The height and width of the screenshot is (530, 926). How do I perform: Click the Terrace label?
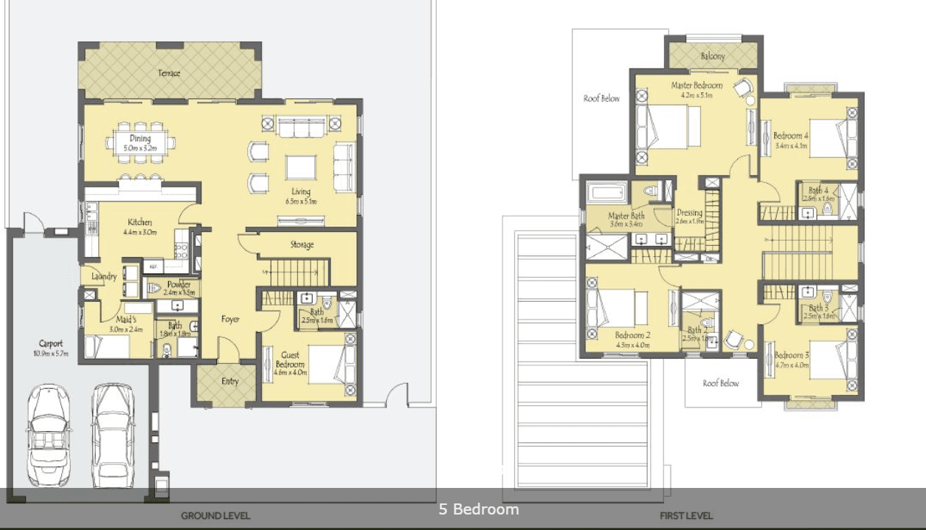169,73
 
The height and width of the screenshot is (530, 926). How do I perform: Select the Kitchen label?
139,222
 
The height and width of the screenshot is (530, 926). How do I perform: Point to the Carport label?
51,344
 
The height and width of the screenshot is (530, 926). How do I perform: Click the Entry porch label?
230,382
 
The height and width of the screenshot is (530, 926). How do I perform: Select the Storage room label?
301,244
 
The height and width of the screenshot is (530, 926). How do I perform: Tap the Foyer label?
230,320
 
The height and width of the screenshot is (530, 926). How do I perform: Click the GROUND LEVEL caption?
215,516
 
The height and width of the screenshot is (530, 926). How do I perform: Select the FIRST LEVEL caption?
686,516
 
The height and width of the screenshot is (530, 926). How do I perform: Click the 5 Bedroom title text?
479,509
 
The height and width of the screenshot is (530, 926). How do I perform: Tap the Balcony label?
712,56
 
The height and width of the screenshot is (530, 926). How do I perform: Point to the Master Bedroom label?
697,86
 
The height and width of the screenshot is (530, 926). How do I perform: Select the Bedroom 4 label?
791,136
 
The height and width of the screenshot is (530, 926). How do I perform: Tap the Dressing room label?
689,213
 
